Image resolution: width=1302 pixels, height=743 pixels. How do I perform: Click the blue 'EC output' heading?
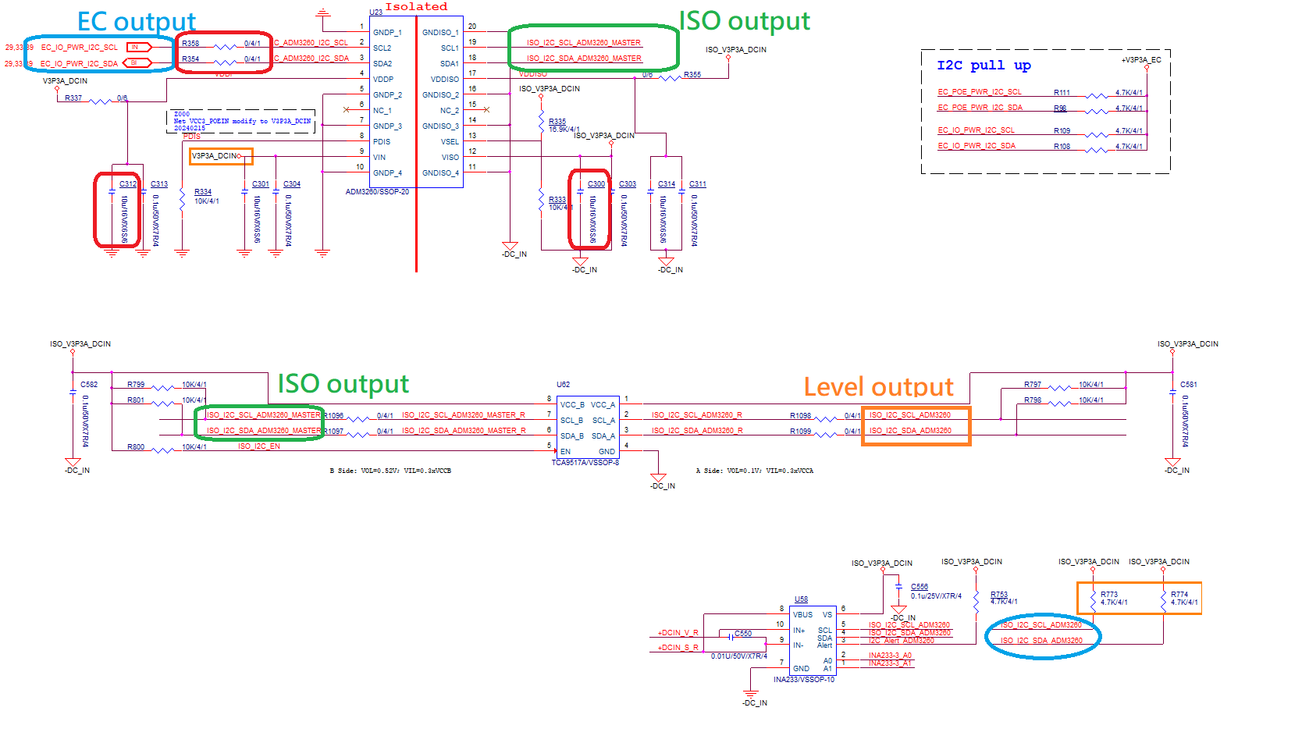pos(136,22)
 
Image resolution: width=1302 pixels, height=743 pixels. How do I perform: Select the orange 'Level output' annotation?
pos(878,387)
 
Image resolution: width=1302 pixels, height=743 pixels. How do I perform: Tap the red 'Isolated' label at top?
pos(416,7)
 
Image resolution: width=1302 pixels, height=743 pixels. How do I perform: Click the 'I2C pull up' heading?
pos(984,66)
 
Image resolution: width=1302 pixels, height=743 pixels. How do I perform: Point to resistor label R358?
pos(190,44)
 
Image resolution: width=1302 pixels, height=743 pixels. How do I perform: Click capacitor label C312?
pos(128,184)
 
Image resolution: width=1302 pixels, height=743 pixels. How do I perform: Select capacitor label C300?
pos(596,184)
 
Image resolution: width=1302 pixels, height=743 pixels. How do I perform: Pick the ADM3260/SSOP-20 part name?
pos(377,192)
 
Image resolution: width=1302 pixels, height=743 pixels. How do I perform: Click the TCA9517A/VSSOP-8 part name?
pos(585,463)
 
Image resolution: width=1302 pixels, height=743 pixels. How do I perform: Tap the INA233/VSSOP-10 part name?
pos(804,680)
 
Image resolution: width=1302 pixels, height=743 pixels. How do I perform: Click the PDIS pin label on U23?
pos(382,142)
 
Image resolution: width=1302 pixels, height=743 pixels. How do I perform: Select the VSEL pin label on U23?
pos(450,142)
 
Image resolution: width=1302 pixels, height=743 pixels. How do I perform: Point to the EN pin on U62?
pos(566,452)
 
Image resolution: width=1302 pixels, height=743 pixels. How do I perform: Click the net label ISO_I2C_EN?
pos(259,446)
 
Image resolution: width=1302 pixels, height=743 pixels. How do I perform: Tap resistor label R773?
pos(1108,595)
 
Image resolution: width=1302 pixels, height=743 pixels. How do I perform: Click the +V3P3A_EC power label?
pos(1141,60)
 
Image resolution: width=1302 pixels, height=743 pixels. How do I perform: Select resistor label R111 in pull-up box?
pos(1062,93)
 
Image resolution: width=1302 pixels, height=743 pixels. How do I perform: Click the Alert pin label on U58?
pos(824,645)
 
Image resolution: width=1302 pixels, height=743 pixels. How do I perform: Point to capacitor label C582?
pos(89,385)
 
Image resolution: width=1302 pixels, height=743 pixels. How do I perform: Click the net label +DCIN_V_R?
pos(678,633)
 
